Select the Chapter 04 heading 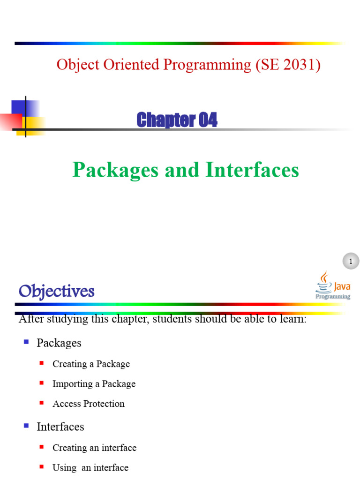tap(177, 120)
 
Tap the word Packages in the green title tap(116, 170)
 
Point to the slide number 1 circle tap(350, 261)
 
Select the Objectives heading tap(56, 292)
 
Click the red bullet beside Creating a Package tap(42, 363)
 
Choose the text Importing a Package tap(94, 384)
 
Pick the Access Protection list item tap(89, 404)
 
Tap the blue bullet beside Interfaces tap(26, 426)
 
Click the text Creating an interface tap(94, 448)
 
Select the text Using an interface tap(90, 467)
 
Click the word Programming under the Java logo tap(333, 296)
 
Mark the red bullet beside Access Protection tap(42, 403)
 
